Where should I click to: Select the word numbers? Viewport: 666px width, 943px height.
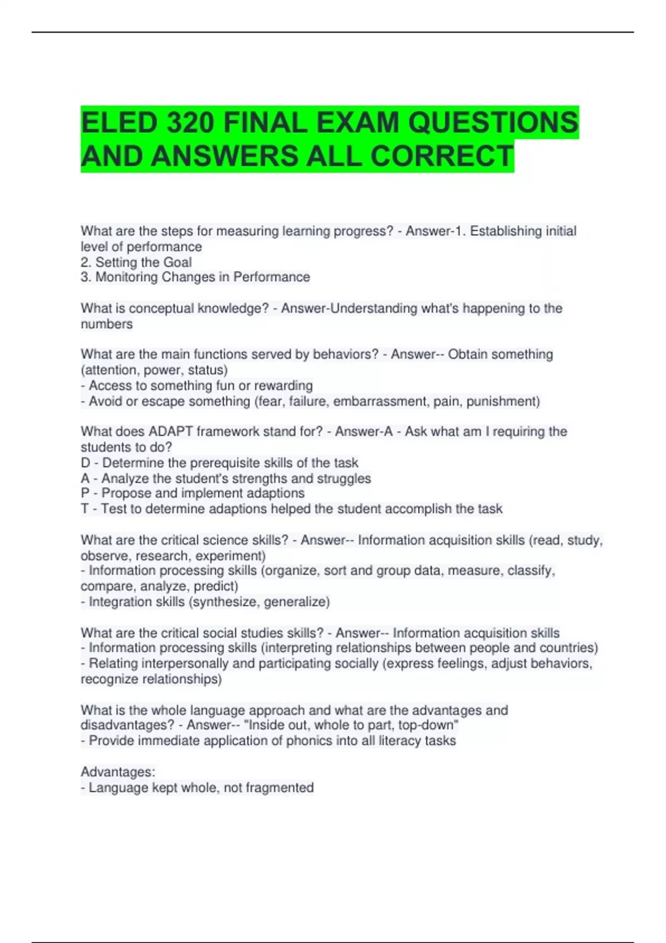[107, 324]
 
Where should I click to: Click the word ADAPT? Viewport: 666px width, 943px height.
[170, 432]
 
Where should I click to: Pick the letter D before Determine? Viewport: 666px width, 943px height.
[85, 463]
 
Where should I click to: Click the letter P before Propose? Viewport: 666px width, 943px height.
[85, 493]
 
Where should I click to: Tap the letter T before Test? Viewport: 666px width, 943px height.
[85, 509]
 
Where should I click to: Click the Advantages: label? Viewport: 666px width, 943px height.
[118, 772]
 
